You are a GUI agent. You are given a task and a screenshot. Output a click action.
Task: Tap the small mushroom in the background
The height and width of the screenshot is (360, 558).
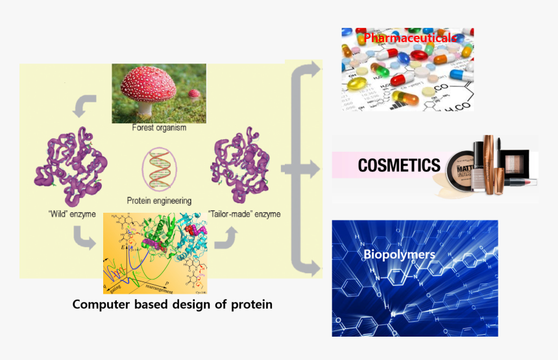click(x=193, y=95)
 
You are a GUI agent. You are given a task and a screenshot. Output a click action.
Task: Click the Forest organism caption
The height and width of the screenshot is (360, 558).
click(x=158, y=128)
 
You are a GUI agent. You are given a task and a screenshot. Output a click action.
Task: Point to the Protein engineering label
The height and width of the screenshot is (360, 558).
click(x=159, y=201)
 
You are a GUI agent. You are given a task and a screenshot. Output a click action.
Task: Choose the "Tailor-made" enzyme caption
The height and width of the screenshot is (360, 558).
click(x=245, y=214)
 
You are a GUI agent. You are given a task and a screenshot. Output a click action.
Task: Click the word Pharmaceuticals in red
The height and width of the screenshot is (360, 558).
click(x=409, y=38)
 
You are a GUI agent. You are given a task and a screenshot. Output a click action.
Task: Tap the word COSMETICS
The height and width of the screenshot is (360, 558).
click(x=399, y=165)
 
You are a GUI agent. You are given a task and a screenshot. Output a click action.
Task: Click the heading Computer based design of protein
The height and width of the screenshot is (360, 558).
click(x=172, y=304)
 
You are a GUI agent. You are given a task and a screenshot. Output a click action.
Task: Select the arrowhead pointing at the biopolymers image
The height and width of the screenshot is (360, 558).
click(x=315, y=267)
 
